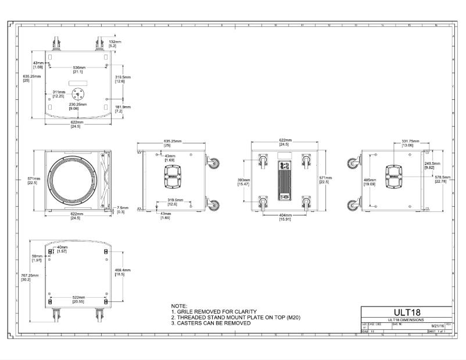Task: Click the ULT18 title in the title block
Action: [407, 312]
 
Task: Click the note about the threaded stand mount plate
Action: [235, 318]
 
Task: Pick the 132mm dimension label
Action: [115, 42]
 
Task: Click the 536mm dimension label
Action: [80, 67]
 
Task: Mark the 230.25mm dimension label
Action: [77, 105]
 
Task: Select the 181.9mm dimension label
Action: [123, 107]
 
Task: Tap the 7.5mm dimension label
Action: [122, 207]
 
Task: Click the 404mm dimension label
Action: [285, 215]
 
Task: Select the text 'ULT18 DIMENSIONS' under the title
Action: [407, 320]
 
